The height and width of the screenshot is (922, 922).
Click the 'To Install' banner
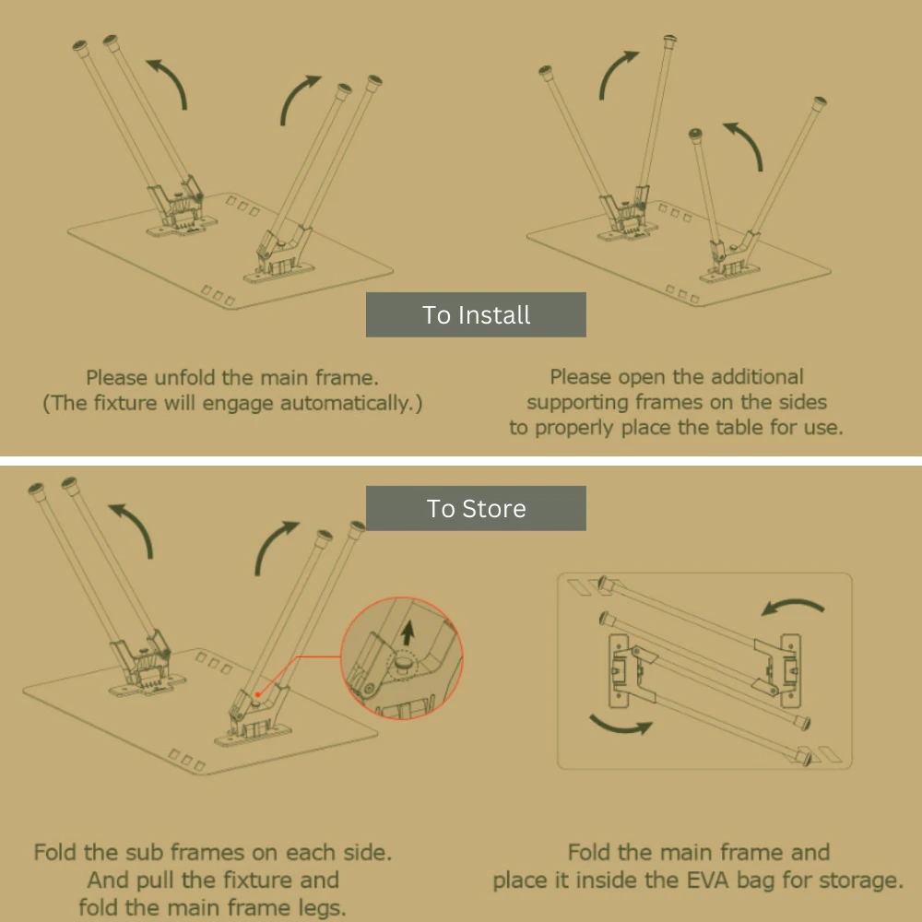coord(476,314)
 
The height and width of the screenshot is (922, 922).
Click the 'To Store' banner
coord(476,508)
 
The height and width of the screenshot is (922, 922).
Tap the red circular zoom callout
coord(402,658)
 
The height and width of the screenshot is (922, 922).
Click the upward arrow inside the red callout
coord(408,634)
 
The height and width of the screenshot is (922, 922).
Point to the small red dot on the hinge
coord(257,694)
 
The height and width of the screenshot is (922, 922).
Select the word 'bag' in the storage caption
coord(755,881)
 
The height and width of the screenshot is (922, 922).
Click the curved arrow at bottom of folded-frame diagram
coord(620,727)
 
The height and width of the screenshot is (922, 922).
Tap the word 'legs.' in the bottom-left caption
coord(321,908)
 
